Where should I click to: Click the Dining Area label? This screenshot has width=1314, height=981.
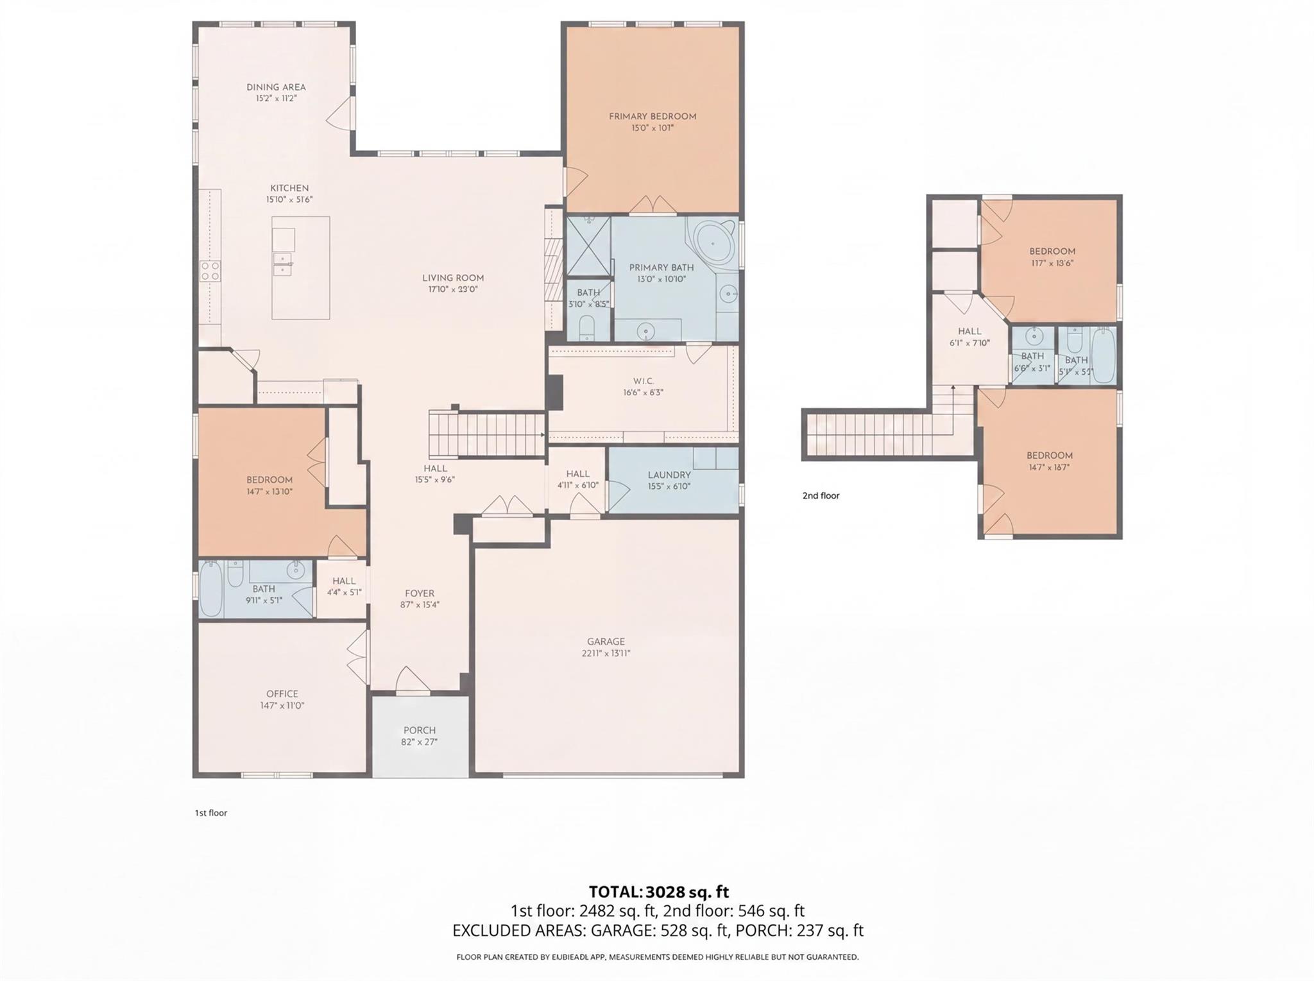(x=276, y=87)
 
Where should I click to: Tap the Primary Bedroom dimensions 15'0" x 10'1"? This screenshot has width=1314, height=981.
(x=652, y=128)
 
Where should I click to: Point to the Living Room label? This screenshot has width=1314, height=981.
(x=452, y=278)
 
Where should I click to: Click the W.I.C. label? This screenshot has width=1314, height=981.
(x=643, y=381)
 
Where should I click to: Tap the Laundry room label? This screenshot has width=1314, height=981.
(x=669, y=475)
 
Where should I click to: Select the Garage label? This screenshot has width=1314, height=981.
(x=605, y=642)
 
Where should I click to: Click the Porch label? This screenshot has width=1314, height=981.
(x=419, y=730)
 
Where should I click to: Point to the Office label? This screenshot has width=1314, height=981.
(x=282, y=694)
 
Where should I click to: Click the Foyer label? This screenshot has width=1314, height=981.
(x=419, y=593)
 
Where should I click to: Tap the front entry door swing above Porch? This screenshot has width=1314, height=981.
(x=412, y=681)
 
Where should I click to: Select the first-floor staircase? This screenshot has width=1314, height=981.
(x=486, y=435)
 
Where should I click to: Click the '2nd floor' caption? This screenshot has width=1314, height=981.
(x=821, y=495)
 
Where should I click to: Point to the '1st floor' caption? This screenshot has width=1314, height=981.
(x=211, y=813)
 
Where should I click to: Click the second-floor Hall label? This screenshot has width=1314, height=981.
(x=969, y=331)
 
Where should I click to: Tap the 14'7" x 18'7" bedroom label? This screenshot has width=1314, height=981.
(x=1049, y=456)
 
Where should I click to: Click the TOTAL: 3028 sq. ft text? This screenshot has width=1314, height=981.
(x=658, y=892)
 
